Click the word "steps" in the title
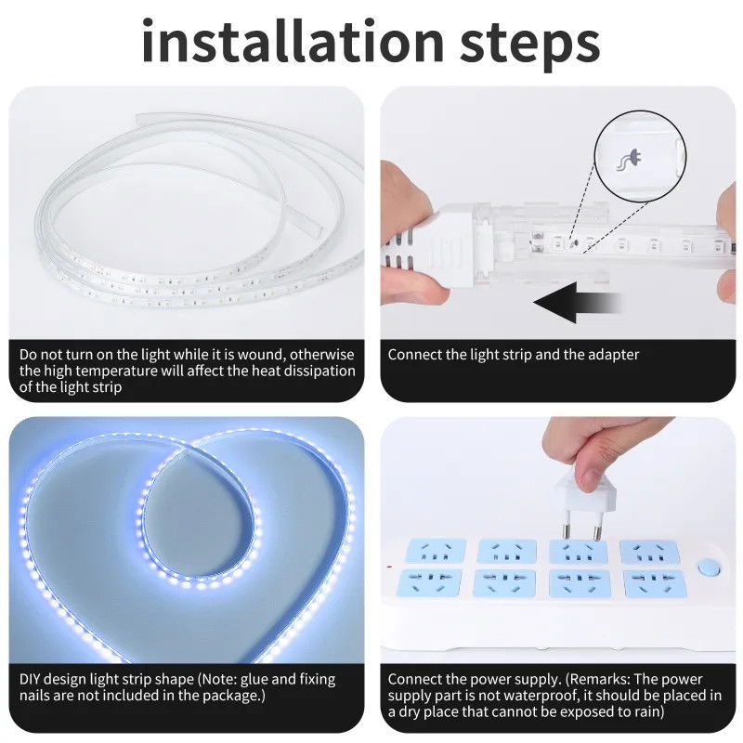(x=530, y=45)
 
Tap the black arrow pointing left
(x=577, y=303)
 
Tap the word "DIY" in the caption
(x=30, y=679)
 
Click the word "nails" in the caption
(x=34, y=695)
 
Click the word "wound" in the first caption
(x=259, y=355)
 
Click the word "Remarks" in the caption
(x=598, y=679)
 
